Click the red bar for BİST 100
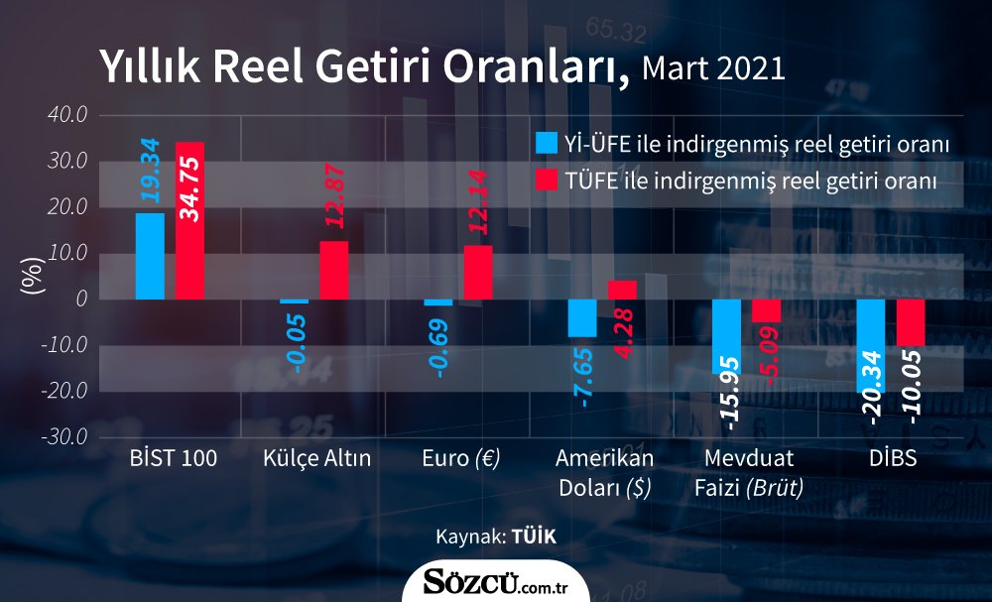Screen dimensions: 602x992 coord(189,220)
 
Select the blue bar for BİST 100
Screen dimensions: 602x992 coord(150,256)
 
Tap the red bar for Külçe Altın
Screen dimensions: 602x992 coord(334,270)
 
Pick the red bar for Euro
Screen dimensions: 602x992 coord(478,272)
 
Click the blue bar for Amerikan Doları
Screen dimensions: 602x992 coord(582,318)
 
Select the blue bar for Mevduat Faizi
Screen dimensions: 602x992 coord(726,335)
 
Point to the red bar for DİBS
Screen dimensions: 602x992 coord(911,322)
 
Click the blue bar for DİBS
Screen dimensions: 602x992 coord(871,345)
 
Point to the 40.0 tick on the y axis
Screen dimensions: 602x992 coord(67,115)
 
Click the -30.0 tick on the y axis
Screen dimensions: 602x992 coord(65,437)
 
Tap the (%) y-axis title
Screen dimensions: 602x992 coord(32,276)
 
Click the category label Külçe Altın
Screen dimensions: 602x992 coord(317,459)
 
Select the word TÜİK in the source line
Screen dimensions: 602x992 coord(535,537)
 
